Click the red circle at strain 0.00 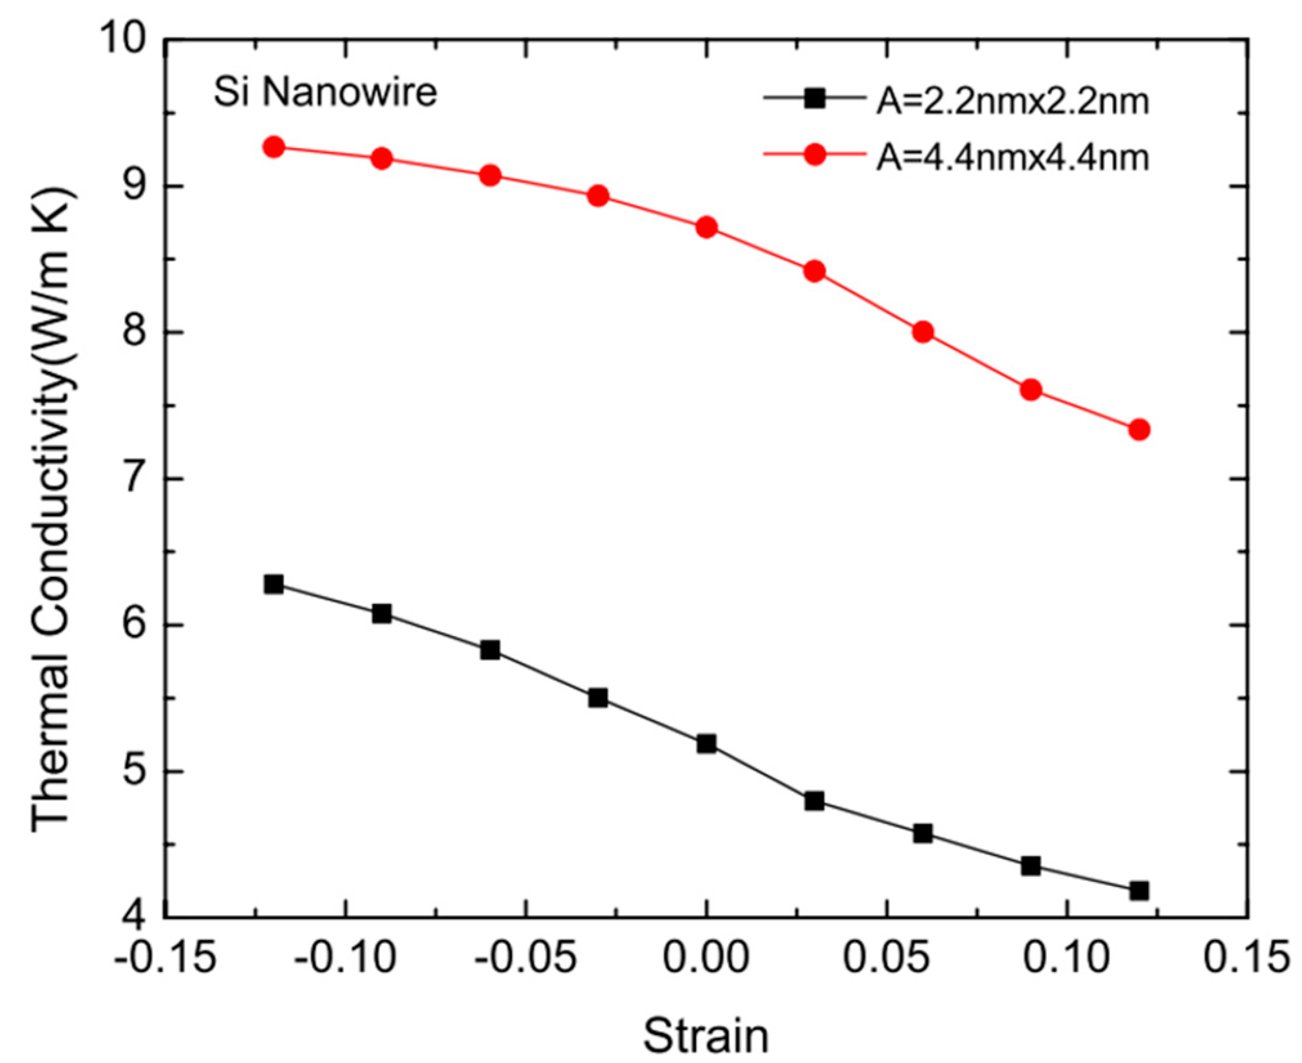[706, 227]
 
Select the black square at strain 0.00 [706, 744]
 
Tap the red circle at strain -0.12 [274, 147]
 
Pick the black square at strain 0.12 [1139, 890]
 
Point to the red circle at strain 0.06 [923, 332]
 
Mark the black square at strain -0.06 [490, 650]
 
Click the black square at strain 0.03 [815, 802]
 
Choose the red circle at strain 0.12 [1139, 429]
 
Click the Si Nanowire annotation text [325, 93]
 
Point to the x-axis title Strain [706, 1036]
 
